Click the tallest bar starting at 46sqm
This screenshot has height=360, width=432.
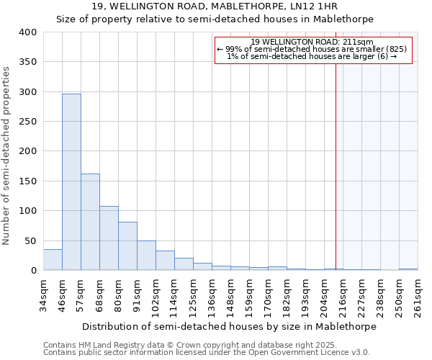pos(71,182)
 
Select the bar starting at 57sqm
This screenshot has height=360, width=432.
pos(90,222)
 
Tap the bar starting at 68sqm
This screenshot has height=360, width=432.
pos(109,238)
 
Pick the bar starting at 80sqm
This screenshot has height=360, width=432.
pos(127,246)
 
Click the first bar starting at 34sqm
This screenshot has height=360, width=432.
pos(53,260)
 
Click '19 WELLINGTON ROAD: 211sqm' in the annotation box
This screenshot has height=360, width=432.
pos(312,42)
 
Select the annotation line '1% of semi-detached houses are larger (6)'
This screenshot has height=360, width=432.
pos(312,56)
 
